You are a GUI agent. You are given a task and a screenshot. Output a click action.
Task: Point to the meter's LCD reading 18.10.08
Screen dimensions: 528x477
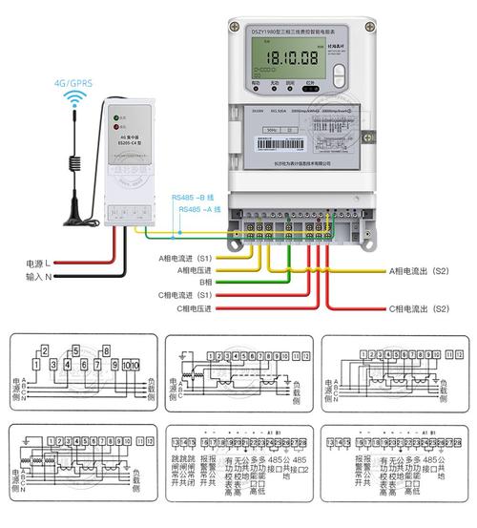pos(282,59)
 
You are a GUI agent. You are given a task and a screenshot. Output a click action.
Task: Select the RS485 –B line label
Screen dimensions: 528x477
pos(197,198)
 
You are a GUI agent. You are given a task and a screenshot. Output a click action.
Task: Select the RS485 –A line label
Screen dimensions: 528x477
pos(197,208)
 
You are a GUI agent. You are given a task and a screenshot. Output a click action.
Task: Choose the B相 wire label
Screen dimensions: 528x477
pos(201,283)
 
